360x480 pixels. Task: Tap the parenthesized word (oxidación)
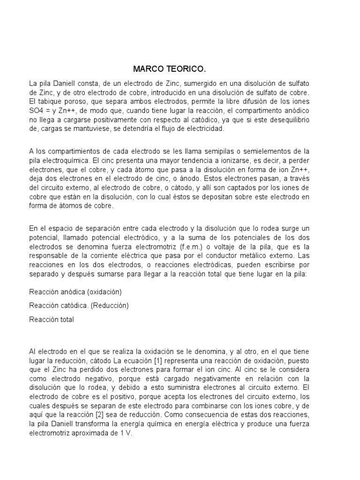click(x=104, y=292)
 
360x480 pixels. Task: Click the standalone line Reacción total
click(x=51, y=319)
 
